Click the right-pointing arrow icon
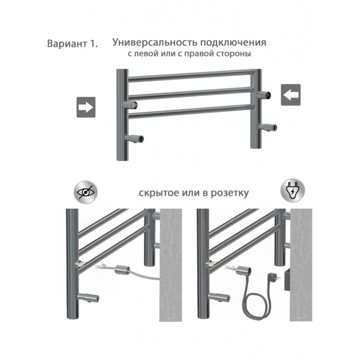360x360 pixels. coord(86,107)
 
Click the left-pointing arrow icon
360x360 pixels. coord(291,95)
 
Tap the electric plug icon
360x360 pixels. coord(293,191)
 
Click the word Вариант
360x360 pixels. coord(66,44)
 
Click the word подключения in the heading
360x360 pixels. coord(233,43)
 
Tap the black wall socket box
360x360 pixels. coord(287,280)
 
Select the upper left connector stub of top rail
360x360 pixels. coord(130,105)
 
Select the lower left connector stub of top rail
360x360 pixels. coord(134,138)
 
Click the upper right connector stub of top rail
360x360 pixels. coord(264,94)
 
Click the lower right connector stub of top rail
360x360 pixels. coord(268,127)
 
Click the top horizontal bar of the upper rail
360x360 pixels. coord(191,75)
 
